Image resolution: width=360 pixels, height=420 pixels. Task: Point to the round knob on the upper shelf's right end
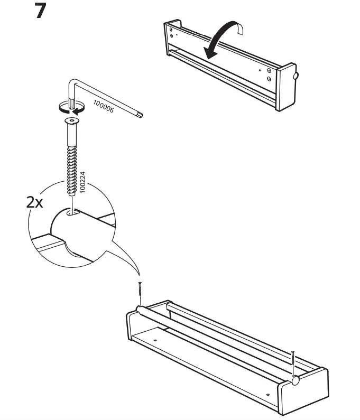(295, 76)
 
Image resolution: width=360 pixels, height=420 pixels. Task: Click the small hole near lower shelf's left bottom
(156, 340)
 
